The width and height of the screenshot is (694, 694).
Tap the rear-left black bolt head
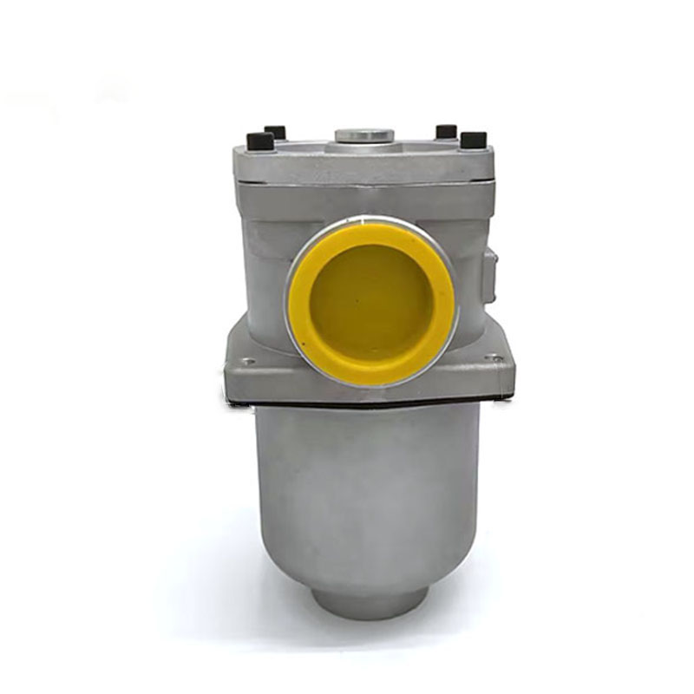click(x=276, y=132)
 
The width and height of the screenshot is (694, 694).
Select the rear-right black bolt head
click(x=446, y=131)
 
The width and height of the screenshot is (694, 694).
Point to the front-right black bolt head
click(x=473, y=140)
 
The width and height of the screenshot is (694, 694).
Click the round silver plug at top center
click(x=364, y=137)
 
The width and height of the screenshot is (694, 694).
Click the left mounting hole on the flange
click(x=248, y=362)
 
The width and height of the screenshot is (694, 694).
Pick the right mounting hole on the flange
click(x=494, y=357)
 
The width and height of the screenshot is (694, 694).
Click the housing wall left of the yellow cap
click(x=265, y=278)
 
